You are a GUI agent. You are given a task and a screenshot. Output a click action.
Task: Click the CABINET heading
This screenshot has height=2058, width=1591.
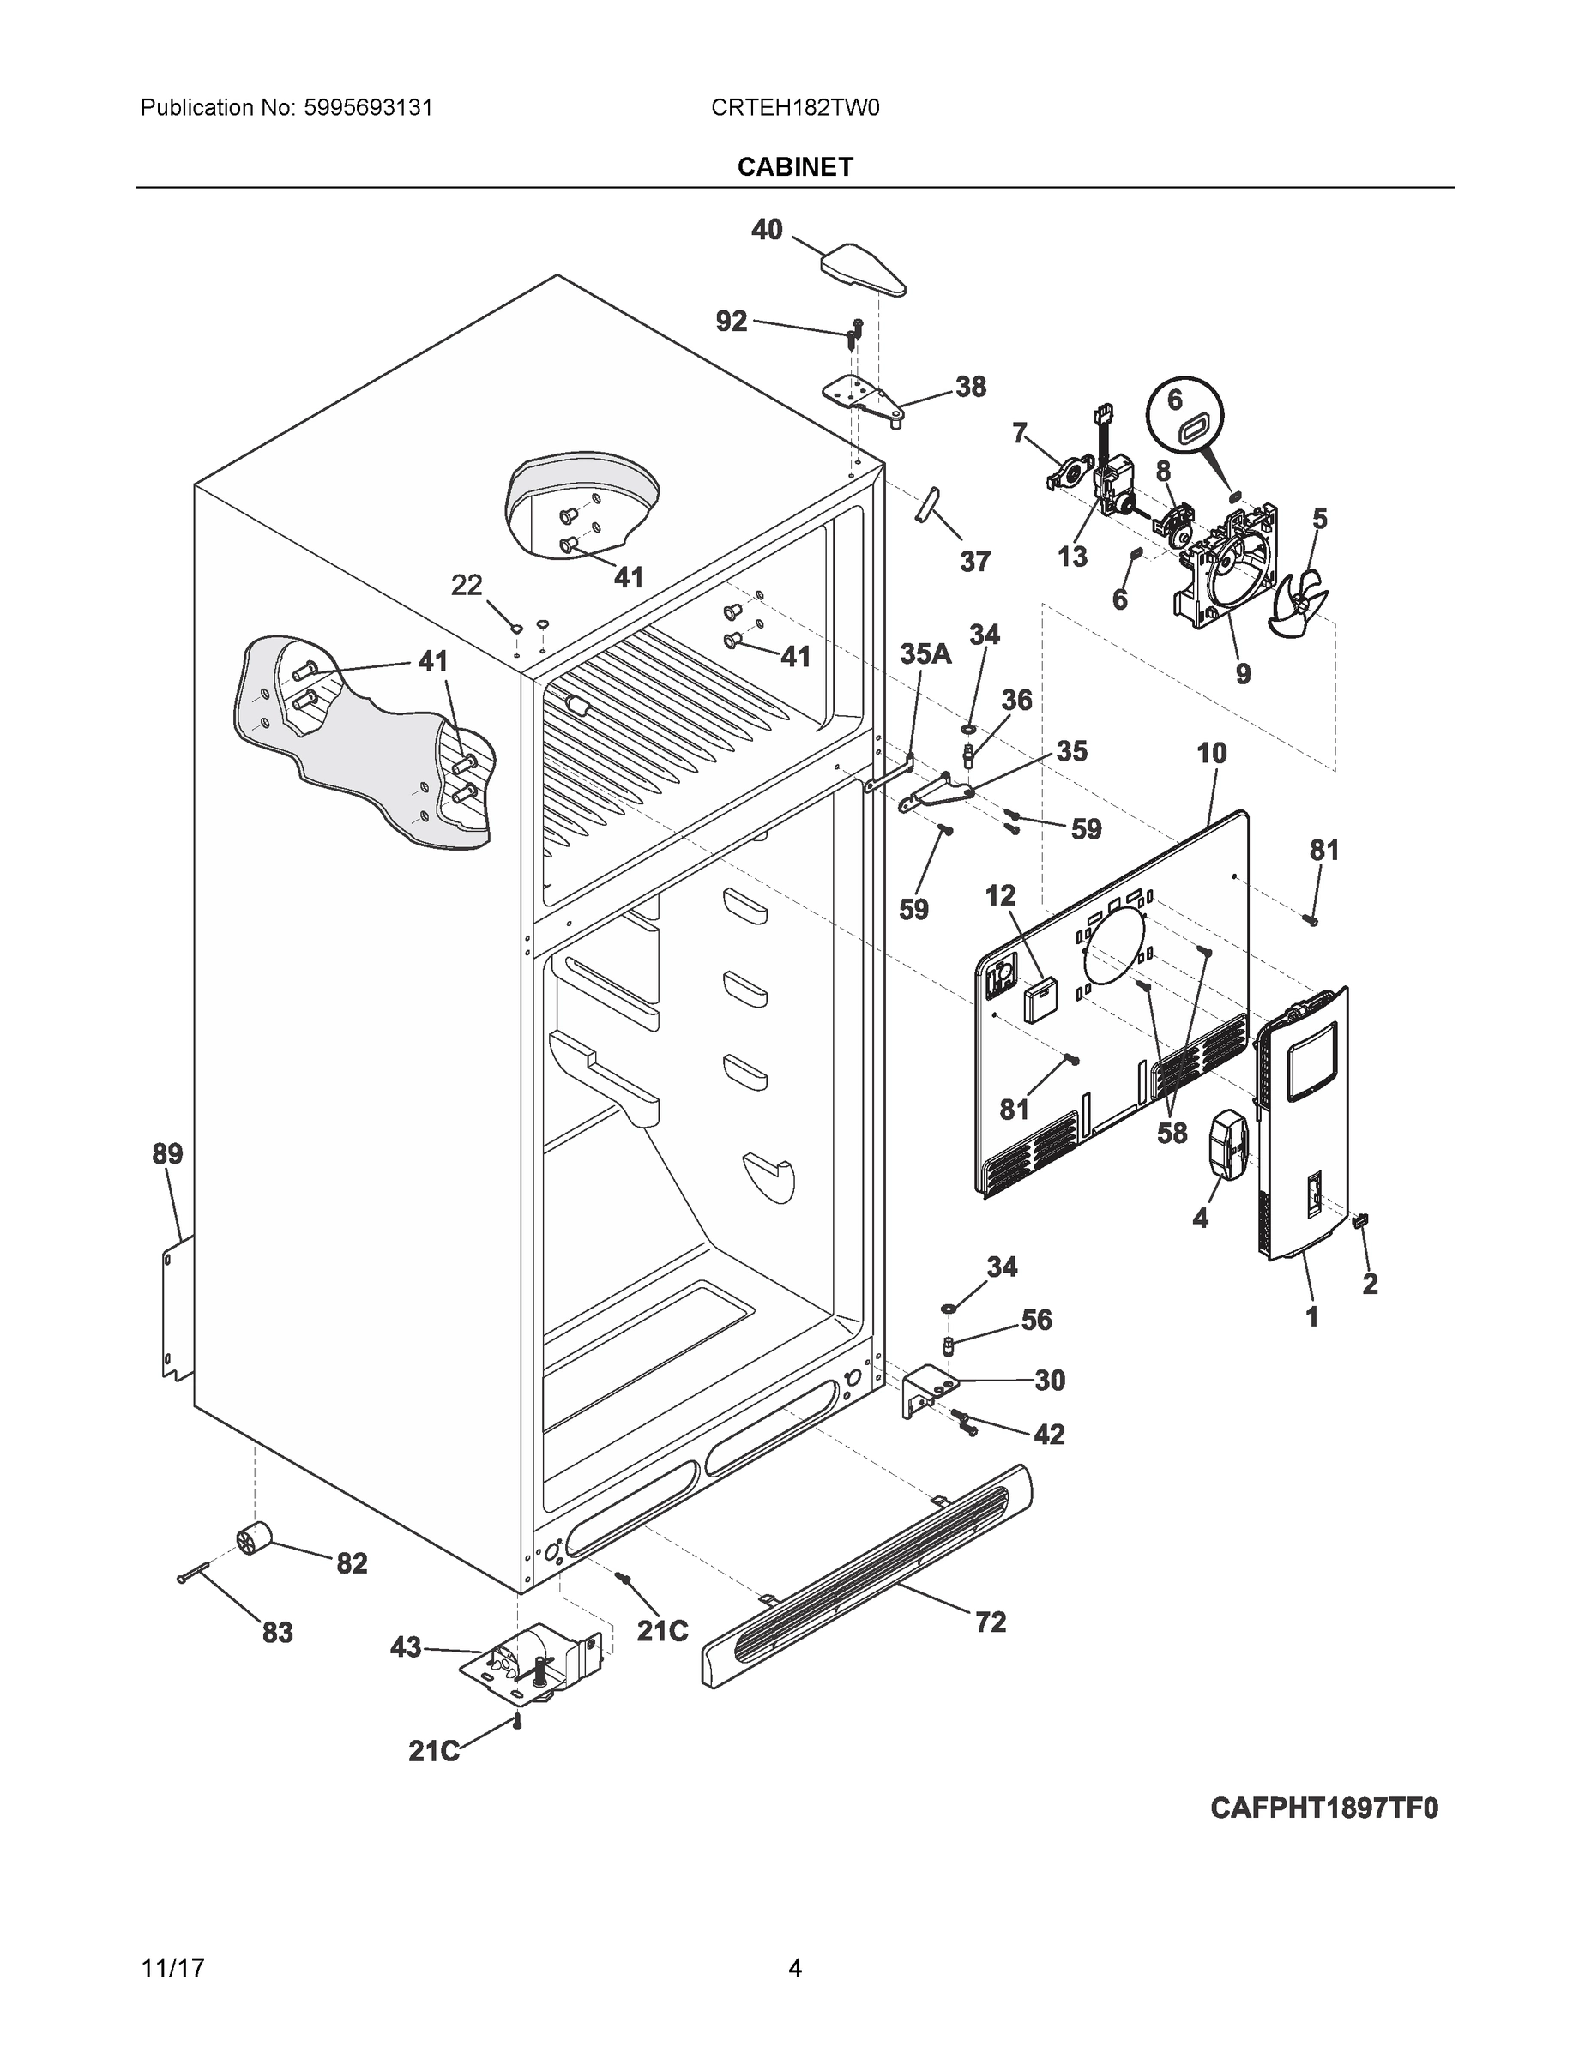[794, 167]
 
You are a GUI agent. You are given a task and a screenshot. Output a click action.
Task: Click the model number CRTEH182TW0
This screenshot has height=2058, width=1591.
[794, 108]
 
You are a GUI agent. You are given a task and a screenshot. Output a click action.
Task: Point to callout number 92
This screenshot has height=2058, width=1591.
[732, 322]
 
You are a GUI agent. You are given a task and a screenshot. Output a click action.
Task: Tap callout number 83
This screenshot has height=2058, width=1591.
[277, 1632]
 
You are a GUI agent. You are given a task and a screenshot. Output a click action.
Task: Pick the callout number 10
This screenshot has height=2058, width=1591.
[1212, 753]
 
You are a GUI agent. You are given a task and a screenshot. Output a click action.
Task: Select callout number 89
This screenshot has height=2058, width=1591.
[168, 1153]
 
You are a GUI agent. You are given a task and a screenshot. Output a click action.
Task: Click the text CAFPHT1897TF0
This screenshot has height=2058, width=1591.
[1323, 1808]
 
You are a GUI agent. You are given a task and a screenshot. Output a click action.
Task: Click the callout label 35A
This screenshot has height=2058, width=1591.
[925, 653]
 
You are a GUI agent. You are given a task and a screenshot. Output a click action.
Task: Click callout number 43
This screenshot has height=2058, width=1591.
[406, 1647]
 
